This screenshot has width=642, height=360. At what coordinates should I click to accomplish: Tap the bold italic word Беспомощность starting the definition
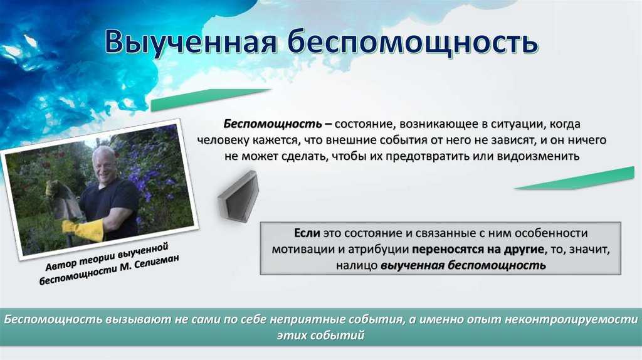(x=273, y=124)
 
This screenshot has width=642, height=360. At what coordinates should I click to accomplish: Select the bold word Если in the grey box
(x=307, y=233)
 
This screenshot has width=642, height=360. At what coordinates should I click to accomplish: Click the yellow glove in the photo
(x=84, y=230)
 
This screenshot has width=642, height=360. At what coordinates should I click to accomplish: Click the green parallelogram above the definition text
(x=211, y=100)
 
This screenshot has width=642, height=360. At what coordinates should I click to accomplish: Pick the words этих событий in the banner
(x=320, y=336)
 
